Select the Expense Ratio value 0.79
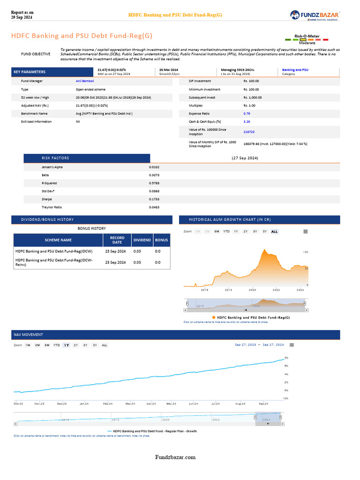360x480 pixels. pyautogui.click(x=247, y=113)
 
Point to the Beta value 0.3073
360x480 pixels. pyautogui.click(x=154, y=175)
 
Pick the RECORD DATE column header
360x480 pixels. pyautogui.click(x=117, y=240)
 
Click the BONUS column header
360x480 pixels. pyautogui.click(x=161, y=240)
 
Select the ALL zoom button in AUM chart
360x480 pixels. pyautogui.click(x=274, y=232)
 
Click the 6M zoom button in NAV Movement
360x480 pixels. pyautogui.click(x=47, y=345)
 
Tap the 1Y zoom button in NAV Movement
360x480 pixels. pyautogui.click(x=67, y=345)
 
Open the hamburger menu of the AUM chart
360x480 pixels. pyautogui.click(x=306, y=232)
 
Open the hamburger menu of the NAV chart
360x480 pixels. pyautogui.click(x=292, y=345)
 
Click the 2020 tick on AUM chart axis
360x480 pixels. pyautogui.click(x=252, y=290)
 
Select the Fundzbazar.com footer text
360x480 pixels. pyautogui.click(x=176, y=457)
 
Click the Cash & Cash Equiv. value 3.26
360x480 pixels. pyautogui.click(x=247, y=121)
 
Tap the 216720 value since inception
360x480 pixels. pyautogui.click(x=249, y=132)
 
